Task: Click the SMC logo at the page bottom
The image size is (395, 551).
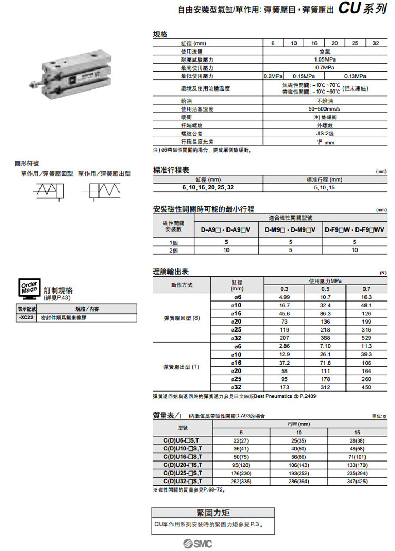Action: tap(197, 543)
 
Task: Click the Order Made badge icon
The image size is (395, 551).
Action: tap(28, 287)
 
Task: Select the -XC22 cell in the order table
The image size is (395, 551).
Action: tap(27, 318)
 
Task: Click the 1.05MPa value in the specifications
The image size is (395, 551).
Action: tap(324, 59)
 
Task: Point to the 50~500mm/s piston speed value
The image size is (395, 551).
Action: tap(324, 109)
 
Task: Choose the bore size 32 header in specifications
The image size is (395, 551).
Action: tap(375, 43)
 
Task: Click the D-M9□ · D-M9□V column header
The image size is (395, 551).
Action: tap(290, 229)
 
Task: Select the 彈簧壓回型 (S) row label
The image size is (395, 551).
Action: tap(182, 318)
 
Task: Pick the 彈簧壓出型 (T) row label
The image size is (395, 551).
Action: tap(182, 366)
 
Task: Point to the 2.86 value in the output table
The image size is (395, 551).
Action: tap(284, 346)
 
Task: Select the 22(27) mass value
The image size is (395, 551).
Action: tap(241, 440)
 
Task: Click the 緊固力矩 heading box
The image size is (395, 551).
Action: tap(213, 513)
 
